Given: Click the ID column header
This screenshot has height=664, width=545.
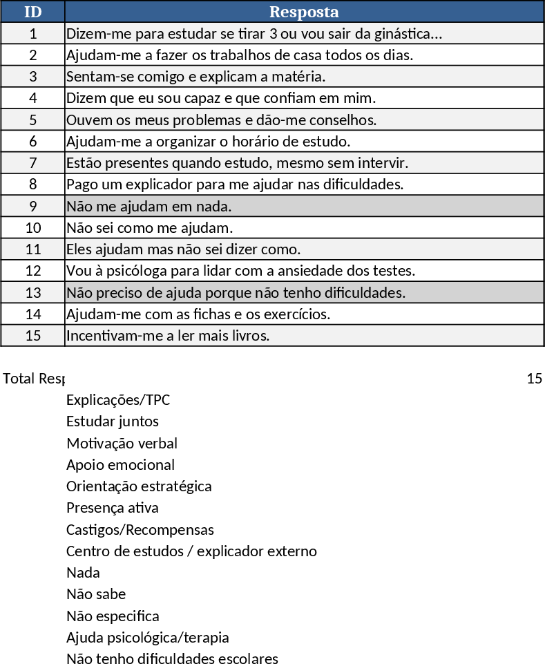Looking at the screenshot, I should tap(32, 12).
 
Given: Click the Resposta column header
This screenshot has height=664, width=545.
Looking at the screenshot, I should tap(304, 12).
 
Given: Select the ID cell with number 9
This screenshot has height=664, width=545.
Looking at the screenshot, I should tap(32, 206).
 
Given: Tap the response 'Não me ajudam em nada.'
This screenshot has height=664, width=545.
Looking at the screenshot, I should tap(149, 207).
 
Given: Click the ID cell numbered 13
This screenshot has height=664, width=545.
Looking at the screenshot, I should tap(32, 292).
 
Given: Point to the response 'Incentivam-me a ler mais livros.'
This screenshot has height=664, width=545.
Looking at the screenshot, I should tap(167, 336).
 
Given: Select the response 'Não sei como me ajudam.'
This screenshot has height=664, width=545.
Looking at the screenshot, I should tap(149, 228).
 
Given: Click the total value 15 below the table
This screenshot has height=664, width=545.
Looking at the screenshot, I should tap(534, 379).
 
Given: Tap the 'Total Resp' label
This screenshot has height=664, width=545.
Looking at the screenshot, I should tap(34, 379).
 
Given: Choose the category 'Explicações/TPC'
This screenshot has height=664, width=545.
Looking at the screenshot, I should tap(118, 400).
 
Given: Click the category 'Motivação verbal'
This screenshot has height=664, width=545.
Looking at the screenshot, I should tap(122, 444).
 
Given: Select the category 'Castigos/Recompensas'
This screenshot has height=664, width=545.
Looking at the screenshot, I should tap(140, 530).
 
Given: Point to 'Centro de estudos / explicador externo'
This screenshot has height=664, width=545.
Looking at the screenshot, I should tap(191, 551).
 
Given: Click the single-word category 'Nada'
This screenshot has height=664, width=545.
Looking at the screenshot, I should tap(83, 573).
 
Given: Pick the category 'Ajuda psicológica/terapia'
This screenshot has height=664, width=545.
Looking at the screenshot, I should tap(147, 637).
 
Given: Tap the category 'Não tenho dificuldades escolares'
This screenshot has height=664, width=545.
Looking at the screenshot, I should tap(172, 659).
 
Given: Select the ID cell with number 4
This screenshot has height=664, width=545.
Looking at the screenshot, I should tap(32, 98).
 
